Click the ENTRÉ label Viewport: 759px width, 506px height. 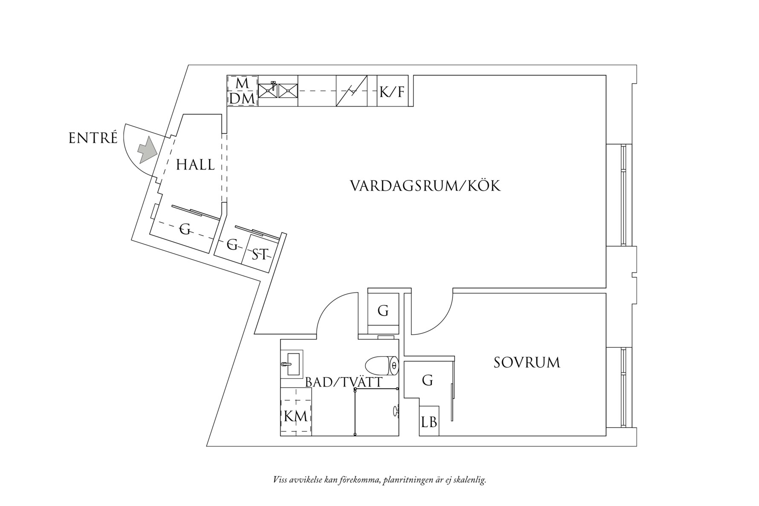pyautogui.click(x=93, y=139)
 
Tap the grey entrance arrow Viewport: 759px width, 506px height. pyautogui.click(x=146, y=150)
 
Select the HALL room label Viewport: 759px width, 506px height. pyautogui.click(x=195, y=165)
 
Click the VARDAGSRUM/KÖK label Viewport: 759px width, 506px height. pyautogui.click(x=425, y=186)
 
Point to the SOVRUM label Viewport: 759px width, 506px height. pyautogui.click(x=527, y=363)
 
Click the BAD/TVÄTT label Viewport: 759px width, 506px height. pyautogui.click(x=344, y=382)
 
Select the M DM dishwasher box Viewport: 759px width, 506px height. pyautogui.click(x=242, y=91)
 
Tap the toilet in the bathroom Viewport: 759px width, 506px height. pyautogui.click(x=381, y=366)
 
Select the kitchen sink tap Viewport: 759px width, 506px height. pyautogui.click(x=274, y=85)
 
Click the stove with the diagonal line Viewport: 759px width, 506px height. pyautogui.click(x=351, y=91)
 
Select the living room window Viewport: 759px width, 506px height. pyautogui.click(x=624, y=195)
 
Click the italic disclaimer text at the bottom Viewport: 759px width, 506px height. pyautogui.click(x=379, y=480)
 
